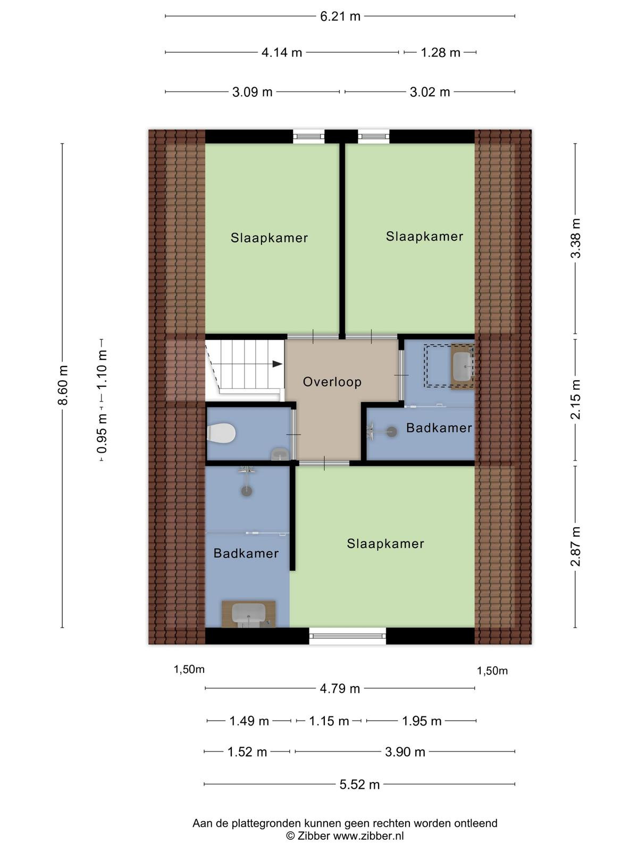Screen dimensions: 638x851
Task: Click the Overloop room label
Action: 332,382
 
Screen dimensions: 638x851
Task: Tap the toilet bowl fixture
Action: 222,432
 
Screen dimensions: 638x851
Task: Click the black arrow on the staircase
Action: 277,364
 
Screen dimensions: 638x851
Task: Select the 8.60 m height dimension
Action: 63,385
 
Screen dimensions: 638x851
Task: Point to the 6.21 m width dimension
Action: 340,16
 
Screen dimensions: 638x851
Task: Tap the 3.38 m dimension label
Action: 576,238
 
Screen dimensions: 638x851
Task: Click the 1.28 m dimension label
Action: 440,52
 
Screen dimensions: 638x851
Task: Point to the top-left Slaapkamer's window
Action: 308,137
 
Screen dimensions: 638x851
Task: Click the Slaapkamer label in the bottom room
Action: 385,544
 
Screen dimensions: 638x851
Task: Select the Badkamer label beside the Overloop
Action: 439,428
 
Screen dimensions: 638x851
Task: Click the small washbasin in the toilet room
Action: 280,454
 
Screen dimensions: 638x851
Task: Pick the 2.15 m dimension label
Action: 576,399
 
